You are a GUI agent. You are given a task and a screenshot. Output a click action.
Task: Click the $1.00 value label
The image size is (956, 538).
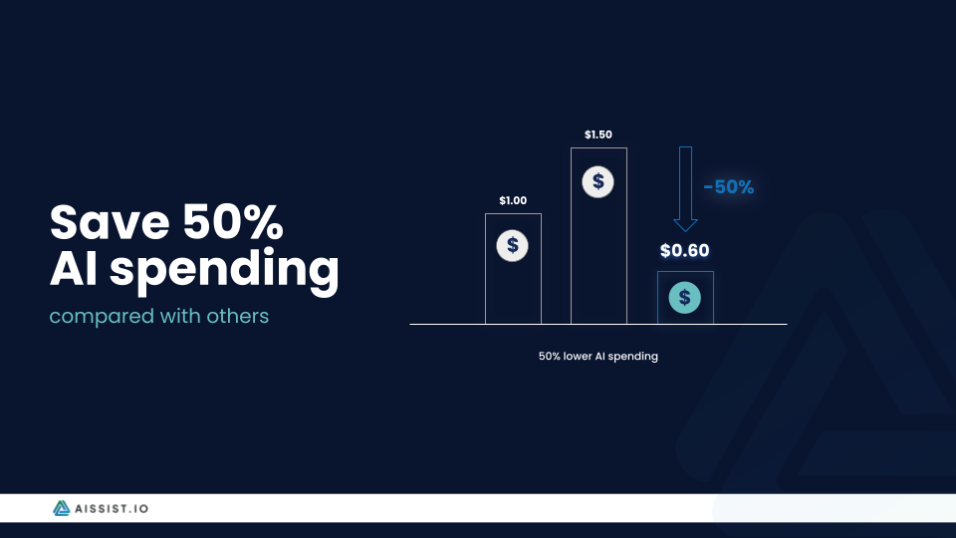513,200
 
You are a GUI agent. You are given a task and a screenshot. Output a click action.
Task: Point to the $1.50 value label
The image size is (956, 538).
598,134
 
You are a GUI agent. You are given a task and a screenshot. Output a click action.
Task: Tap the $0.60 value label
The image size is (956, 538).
685,251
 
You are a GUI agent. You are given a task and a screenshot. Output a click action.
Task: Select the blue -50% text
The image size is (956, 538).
729,186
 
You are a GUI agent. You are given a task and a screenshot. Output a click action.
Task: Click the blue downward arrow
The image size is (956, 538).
685,189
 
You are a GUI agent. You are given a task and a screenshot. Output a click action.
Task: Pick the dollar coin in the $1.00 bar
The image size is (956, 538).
512,245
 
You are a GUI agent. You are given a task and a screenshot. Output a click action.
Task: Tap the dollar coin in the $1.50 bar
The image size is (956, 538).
598,181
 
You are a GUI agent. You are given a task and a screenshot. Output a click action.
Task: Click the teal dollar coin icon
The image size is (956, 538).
685,298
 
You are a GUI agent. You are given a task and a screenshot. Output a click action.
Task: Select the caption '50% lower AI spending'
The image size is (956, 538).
598,357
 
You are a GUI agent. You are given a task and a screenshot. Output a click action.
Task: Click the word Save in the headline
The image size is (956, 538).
110,222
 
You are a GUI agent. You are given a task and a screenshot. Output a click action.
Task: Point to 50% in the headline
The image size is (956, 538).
233,221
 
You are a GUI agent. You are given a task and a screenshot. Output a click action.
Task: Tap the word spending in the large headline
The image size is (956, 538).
224,270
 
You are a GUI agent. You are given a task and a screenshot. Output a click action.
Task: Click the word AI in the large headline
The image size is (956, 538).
73,268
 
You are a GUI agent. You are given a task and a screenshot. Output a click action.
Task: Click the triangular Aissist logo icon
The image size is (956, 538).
61,508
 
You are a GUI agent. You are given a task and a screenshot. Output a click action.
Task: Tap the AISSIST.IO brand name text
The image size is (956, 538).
112,509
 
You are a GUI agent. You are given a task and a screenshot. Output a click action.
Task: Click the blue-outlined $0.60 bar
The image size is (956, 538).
685,272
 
